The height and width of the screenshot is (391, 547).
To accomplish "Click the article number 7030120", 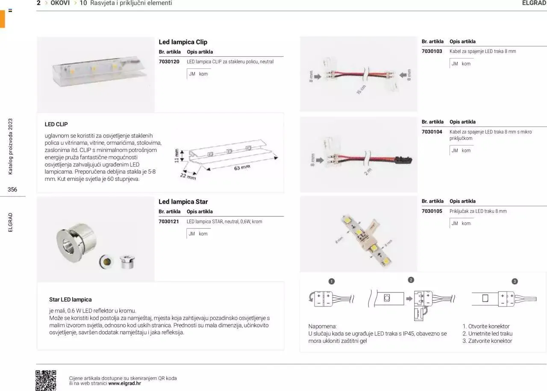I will (x=169, y=61).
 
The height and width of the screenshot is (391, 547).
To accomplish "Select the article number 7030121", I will (x=168, y=222).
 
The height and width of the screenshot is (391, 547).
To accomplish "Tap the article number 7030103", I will (x=432, y=51).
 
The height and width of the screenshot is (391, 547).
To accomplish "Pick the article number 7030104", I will (x=432, y=132).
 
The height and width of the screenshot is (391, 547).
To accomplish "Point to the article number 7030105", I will (x=432, y=211).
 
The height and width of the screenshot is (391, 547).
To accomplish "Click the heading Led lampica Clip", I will (x=183, y=42).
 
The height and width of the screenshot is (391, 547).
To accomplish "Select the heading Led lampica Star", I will (x=183, y=201).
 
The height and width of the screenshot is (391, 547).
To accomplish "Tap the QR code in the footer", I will (x=46, y=380).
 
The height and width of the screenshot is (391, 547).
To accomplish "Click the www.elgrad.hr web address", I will (x=124, y=383).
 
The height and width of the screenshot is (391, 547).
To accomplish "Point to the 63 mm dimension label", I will (x=242, y=168).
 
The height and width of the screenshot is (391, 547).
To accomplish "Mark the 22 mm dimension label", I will (x=188, y=176).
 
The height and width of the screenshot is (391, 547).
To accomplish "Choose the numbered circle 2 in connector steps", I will (x=411, y=280).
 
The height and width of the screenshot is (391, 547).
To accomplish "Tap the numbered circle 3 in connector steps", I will (x=515, y=281).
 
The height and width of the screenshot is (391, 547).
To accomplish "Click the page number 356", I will (x=12, y=190).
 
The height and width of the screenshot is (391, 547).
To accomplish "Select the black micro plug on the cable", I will (x=405, y=160).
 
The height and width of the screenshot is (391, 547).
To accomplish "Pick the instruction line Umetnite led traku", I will (x=487, y=333).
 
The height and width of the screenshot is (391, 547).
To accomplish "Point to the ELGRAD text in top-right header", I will (x=534, y=3).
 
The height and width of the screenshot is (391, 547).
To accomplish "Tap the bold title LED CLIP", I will (x=56, y=124).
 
